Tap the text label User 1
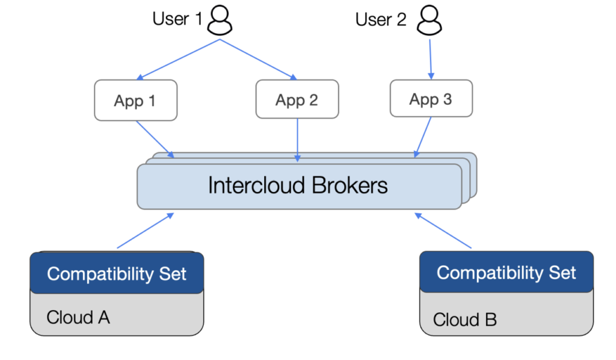(177, 19)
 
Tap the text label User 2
(381, 19)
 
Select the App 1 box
(135, 100)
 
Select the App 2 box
(297, 100)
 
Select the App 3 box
(431, 99)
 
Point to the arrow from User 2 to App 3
(430, 59)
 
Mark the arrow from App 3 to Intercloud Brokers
(423, 137)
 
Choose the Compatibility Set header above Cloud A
(117, 274)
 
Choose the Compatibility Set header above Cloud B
(506, 273)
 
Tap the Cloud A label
(78, 317)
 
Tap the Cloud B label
(465, 319)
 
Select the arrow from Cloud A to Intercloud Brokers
(146, 230)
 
